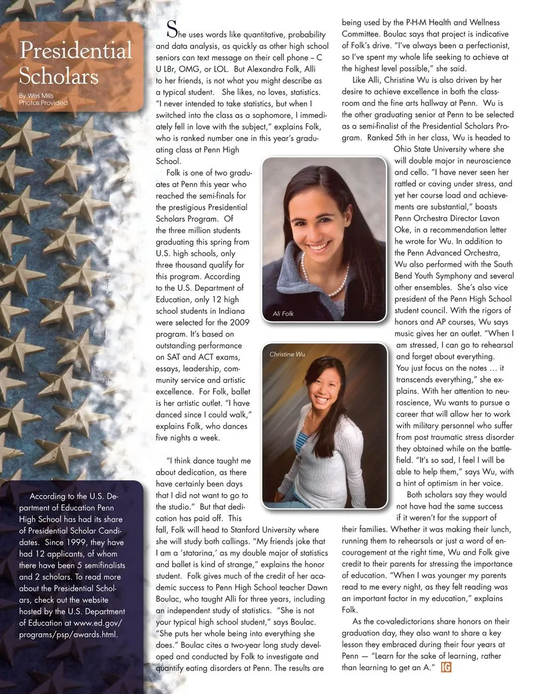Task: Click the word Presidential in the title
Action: click(x=76, y=51)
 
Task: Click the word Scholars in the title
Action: click(x=58, y=76)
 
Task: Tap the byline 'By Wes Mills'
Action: click(x=37, y=96)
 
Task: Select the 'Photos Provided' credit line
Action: click(x=43, y=103)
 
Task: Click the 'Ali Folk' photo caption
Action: click(x=283, y=314)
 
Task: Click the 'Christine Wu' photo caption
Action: click(x=287, y=354)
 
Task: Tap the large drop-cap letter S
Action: click(x=172, y=28)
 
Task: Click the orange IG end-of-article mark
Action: click(x=446, y=667)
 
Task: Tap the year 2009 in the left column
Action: click(x=239, y=322)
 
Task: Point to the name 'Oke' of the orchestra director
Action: click(x=403, y=230)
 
